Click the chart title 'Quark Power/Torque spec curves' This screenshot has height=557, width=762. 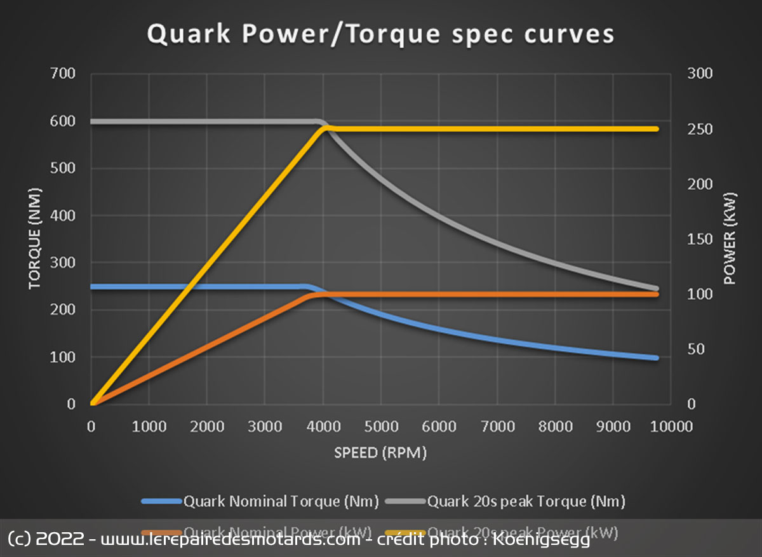click(380, 34)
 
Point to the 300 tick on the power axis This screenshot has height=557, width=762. click(700, 74)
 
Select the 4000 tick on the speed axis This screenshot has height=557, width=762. click(323, 426)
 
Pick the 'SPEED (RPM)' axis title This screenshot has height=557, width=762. click(380, 453)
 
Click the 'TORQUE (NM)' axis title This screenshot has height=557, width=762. click(34, 238)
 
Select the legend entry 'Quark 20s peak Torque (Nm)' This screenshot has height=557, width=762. click(526, 501)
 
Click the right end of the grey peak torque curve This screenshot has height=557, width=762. click(655, 289)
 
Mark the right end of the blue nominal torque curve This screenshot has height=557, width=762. click(655, 358)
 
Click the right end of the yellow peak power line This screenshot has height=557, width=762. click(655, 129)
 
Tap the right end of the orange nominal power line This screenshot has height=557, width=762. click(655, 294)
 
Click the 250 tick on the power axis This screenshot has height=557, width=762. click(700, 129)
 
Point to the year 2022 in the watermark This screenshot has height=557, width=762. click(60, 540)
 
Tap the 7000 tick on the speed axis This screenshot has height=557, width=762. click(497, 426)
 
